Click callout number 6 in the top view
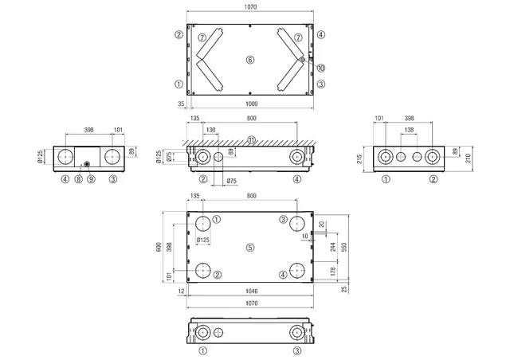coord(249,60)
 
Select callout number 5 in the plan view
coord(249,248)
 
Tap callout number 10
coord(321,68)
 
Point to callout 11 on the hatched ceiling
coord(252,140)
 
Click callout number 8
coord(78,179)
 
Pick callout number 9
coord(91,179)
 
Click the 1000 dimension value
coord(252,104)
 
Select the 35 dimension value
coord(181,104)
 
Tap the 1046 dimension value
coord(252,291)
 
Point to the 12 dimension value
coord(181,291)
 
